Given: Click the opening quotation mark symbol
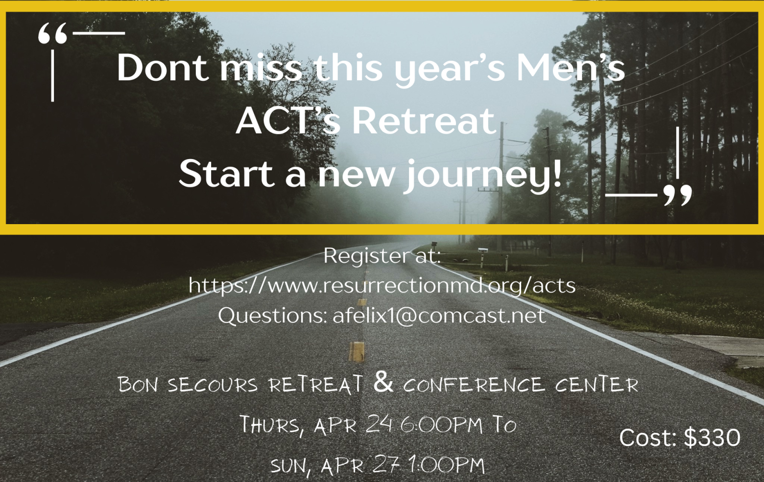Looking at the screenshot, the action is pyautogui.click(x=52, y=34).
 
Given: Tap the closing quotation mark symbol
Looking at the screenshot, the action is pyautogui.click(x=678, y=195).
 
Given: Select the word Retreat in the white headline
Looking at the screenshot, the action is pyautogui.click(x=424, y=121).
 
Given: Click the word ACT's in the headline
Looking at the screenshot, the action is pyautogui.click(x=288, y=121).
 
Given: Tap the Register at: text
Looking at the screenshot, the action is pyautogui.click(x=382, y=255).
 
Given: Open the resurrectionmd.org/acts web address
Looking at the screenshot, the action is pyautogui.click(x=382, y=285).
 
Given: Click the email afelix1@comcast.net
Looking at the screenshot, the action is pyautogui.click(x=439, y=315).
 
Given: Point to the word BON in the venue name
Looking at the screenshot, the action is pyautogui.click(x=138, y=385).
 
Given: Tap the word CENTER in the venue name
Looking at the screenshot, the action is pyautogui.click(x=597, y=384).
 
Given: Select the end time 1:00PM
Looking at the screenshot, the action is pyautogui.click(x=447, y=465).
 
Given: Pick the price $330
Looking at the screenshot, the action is pyautogui.click(x=712, y=437).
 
